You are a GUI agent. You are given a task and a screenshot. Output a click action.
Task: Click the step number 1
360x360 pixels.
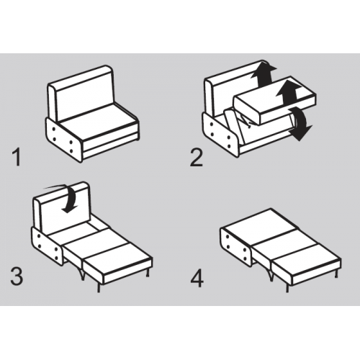point(17,158)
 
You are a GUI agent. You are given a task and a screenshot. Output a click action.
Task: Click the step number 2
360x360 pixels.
point(197,158)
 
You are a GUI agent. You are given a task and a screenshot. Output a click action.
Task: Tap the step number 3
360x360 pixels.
point(17,276)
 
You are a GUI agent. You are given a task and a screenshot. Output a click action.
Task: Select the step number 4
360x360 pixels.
point(197,279)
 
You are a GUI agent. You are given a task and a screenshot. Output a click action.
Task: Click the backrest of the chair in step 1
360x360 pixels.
point(81,94)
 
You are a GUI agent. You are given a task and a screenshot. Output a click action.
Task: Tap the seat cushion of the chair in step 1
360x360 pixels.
point(99,125)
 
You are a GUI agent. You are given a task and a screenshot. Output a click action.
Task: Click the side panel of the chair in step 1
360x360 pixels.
point(63,139)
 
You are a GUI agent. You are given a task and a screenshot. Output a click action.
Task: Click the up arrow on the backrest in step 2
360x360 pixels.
point(264,73)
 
